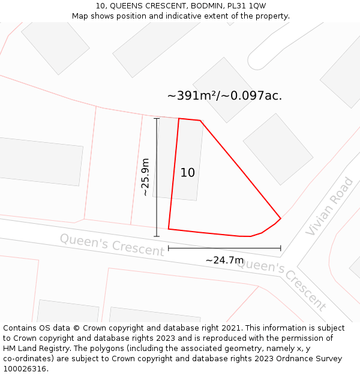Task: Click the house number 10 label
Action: (188, 173)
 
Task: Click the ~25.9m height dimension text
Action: (145, 177)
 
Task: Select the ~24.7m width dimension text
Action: (225, 260)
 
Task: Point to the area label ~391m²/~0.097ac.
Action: (224, 96)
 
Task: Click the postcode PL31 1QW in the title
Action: (246, 6)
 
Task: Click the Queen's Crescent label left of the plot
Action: (112, 245)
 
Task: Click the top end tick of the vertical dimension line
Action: (157, 119)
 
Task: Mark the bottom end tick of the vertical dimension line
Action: (157, 236)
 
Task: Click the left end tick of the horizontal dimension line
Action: (169, 247)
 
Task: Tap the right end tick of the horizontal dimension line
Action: (280, 247)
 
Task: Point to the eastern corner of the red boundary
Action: (280, 218)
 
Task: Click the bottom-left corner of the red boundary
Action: (169, 229)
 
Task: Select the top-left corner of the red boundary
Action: (179, 119)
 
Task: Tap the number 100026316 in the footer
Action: (26, 368)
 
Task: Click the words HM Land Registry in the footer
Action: (34, 349)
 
